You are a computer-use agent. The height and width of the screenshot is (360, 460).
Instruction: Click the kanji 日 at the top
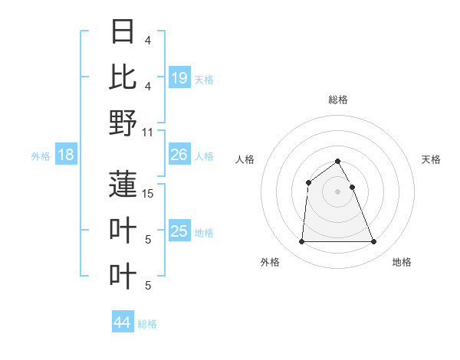point(123,32)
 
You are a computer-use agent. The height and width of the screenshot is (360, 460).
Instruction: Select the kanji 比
point(123,77)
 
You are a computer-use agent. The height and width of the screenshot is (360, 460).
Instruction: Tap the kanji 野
point(123,123)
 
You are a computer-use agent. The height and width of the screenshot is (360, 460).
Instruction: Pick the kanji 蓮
point(123,184)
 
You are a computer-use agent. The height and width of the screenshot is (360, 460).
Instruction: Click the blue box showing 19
point(179,77)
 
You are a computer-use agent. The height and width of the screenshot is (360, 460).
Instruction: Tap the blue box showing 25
point(179,231)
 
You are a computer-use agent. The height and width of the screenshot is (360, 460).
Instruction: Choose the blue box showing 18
point(66,155)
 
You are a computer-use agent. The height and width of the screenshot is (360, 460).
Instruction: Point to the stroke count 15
point(149,194)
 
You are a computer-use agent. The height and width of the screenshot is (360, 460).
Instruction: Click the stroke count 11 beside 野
point(149,132)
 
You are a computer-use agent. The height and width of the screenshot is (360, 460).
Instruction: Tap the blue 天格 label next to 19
point(204,79)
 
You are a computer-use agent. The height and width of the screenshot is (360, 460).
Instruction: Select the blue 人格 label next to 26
point(204,156)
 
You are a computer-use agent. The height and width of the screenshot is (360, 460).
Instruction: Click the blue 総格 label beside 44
point(147,324)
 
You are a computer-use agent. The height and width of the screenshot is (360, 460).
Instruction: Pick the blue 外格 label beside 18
point(41,156)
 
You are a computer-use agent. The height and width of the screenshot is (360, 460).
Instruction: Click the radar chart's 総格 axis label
point(338,100)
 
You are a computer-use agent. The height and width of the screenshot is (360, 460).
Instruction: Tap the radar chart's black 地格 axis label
point(402,262)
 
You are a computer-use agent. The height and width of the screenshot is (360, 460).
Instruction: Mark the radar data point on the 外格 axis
point(301,242)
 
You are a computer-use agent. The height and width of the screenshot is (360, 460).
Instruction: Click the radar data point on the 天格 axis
point(353,187)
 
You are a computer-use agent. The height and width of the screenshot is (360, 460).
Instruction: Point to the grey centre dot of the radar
point(338,191)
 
